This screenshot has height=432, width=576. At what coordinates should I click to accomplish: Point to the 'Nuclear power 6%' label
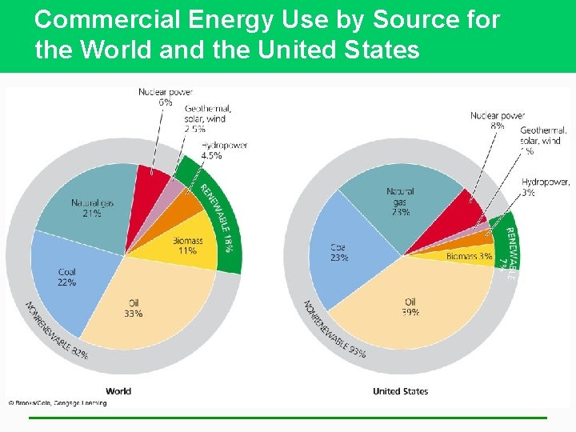click(x=166, y=97)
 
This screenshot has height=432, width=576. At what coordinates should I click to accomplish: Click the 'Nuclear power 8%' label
click(x=498, y=121)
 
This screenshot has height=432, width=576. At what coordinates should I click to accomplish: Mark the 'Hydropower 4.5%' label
click(x=224, y=150)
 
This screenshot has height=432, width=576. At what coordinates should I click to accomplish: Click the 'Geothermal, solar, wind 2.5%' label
click(x=207, y=118)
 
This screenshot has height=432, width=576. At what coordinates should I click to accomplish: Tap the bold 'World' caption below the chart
click(x=118, y=391)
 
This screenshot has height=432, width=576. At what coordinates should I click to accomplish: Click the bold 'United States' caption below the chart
click(x=400, y=391)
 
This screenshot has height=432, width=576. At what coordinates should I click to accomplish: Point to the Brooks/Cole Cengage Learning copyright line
click(x=58, y=403)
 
